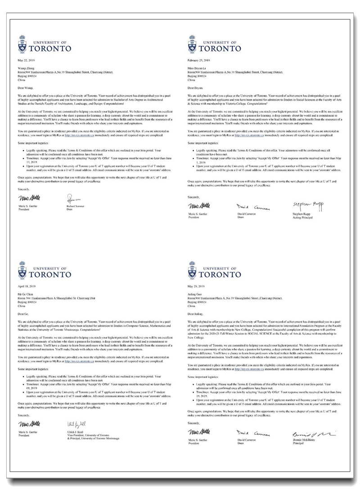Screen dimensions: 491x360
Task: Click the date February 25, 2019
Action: [x=198, y=60]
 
